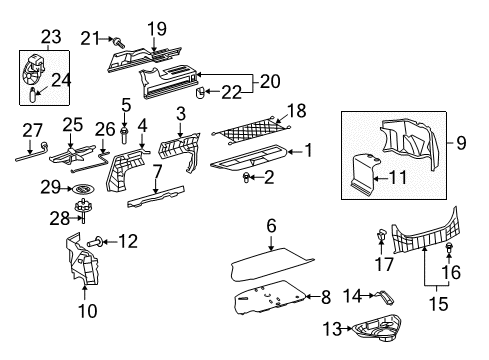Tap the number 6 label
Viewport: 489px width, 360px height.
tap(271, 228)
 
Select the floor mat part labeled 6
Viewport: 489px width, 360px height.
tap(270, 262)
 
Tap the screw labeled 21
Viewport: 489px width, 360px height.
tap(119, 40)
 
